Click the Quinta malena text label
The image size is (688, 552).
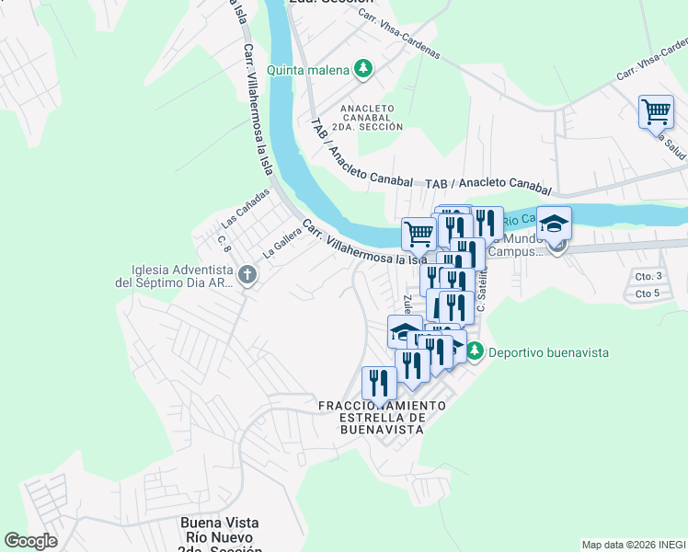click(x=308, y=70)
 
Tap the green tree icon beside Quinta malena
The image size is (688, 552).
click(x=364, y=69)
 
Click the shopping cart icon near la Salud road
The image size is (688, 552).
click(x=656, y=111)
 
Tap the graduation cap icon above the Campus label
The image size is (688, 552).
click(x=554, y=223)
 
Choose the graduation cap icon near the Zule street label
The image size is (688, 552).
click(x=405, y=331)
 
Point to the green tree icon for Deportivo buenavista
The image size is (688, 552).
click(x=475, y=351)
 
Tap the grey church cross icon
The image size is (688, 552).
click(x=247, y=274)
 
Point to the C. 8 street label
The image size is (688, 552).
click(x=223, y=244)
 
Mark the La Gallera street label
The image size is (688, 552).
click(x=282, y=241)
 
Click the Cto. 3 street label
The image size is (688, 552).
click(x=648, y=276)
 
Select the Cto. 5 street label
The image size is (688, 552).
click(x=648, y=294)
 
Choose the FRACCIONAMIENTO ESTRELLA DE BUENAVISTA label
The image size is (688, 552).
click(x=382, y=417)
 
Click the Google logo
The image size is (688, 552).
click(x=31, y=540)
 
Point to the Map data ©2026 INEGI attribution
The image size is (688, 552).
click(x=633, y=545)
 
